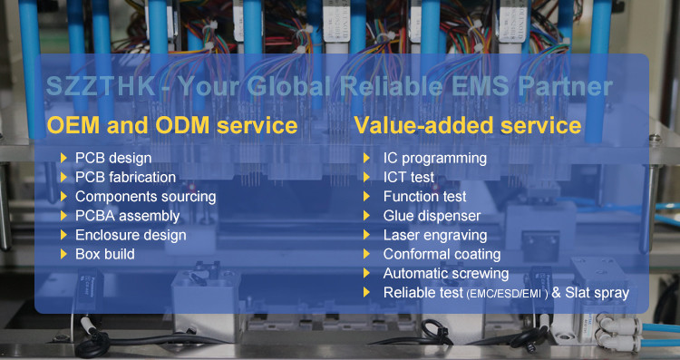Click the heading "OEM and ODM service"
click(x=172, y=125)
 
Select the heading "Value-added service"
click(x=468, y=125)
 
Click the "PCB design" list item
click(x=113, y=159)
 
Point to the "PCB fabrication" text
click(x=125, y=178)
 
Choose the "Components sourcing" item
click(x=145, y=197)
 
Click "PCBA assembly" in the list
click(x=128, y=216)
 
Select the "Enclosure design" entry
click(x=131, y=235)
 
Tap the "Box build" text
click(x=105, y=254)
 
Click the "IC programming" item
click(x=435, y=159)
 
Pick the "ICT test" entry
click(x=409, y=178)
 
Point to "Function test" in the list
click(x=424, y=197)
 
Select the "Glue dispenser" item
click(x=432, y=216)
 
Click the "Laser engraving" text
click(x=435, y=236)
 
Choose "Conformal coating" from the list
click(x=442, y=255)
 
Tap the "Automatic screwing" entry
click(x=446, y=274)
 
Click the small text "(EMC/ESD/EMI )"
click(x=508, y=295)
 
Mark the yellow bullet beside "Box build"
click(x=63, y=254)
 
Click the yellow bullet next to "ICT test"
click(x=366, y=178)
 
